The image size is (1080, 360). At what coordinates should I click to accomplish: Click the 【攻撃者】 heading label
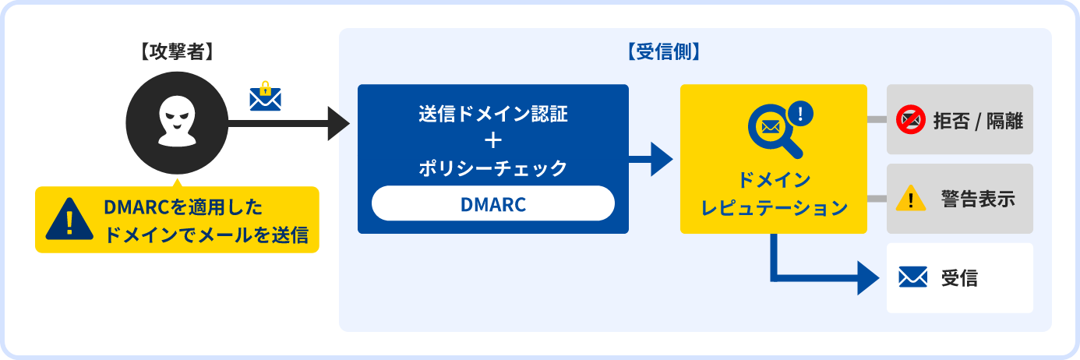coord(177,53)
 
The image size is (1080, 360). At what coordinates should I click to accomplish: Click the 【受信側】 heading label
coord(664,53)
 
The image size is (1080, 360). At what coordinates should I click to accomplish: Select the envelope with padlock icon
coord(265,97)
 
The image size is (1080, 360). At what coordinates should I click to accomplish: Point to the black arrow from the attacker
coord(288,123)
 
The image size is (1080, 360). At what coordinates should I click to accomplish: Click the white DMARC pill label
coord(492,204)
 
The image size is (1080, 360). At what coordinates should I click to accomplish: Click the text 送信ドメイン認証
coord(492,114)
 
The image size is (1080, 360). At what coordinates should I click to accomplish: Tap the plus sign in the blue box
coord(492,141)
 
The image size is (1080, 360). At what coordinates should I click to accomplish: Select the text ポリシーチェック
coord(492,168)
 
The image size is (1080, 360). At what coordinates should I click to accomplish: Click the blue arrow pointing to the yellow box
coord(651,159)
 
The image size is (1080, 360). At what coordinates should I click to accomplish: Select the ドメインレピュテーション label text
coord(774,195)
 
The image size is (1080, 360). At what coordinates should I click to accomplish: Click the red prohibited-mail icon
coord(910,120)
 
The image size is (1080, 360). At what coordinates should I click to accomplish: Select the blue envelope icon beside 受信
coord(912,277)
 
